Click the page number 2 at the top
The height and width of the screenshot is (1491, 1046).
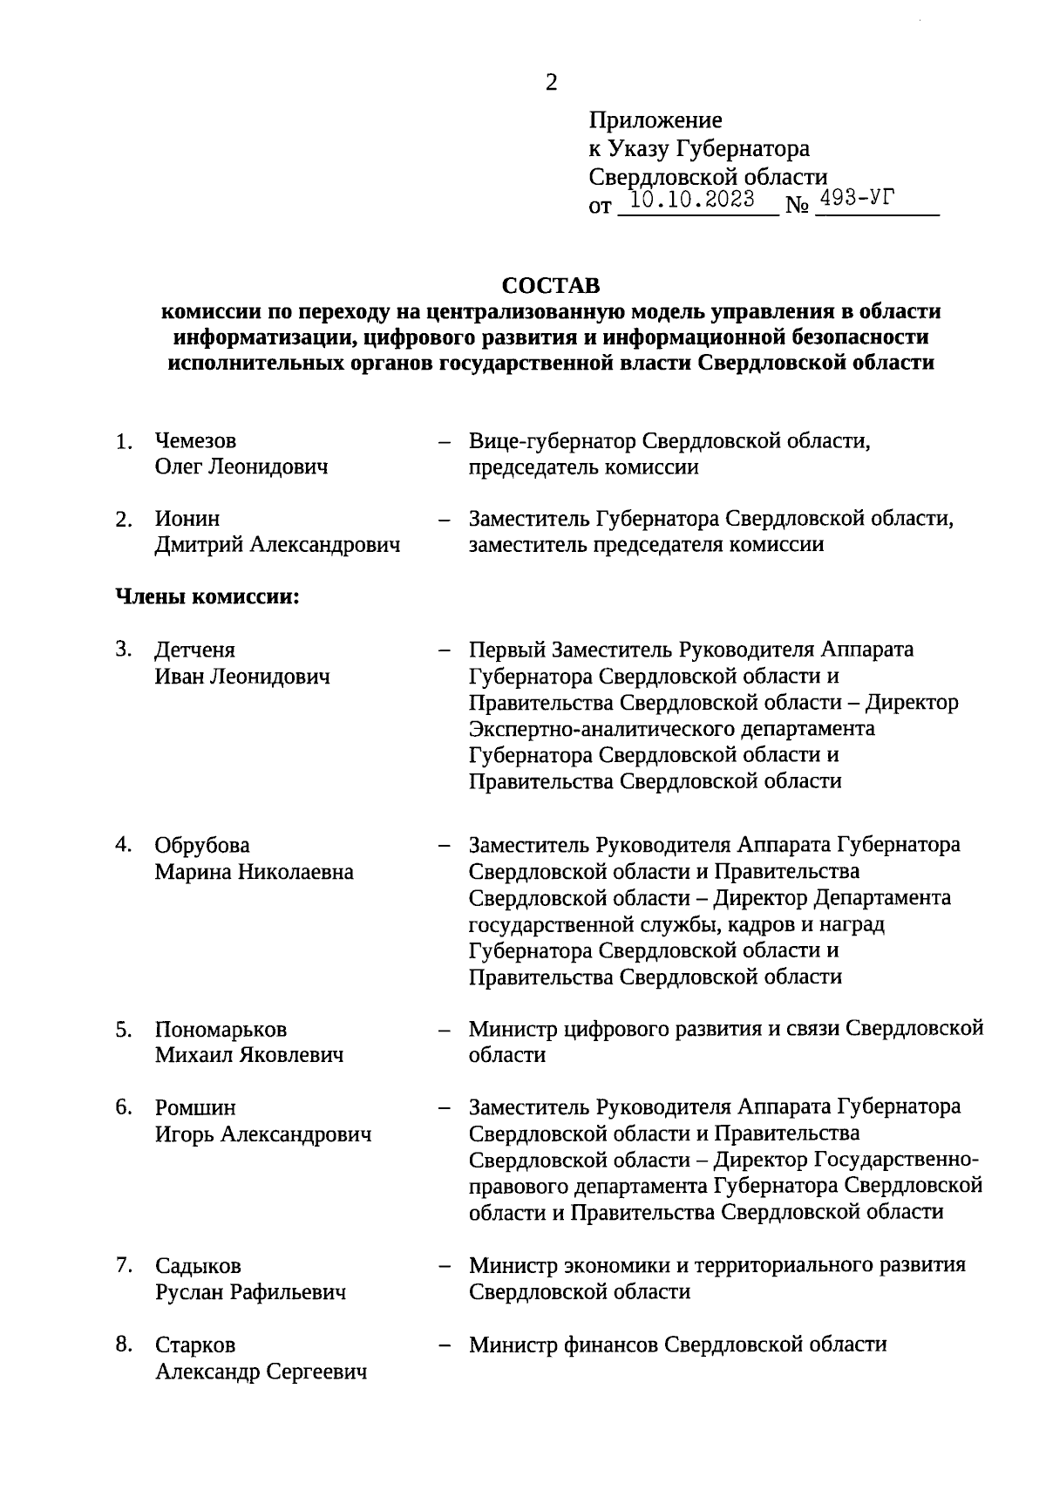coord(551,83)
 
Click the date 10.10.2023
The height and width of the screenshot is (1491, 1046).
coord(692,200)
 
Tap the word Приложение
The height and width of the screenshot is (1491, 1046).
coord(655,120)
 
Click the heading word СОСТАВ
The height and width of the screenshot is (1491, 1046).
coord(551,286)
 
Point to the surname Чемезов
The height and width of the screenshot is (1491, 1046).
coord(195,441)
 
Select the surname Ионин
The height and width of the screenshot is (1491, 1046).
coord(187,519)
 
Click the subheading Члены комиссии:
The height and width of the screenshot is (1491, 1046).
coord(208,598)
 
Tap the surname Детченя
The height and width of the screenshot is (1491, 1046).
coord(195,650)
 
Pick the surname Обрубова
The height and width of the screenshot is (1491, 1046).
coord(202,846)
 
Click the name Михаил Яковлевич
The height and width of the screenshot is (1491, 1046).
coord(249,1055)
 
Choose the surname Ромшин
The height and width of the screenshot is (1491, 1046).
coord(195,1108)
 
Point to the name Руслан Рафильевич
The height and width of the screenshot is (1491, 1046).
coord(250,1292)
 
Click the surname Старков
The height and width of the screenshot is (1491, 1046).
coord(195,1345)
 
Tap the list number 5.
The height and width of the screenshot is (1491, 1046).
coord(123,1030)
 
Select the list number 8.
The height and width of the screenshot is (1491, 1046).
coord(123,1345)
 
